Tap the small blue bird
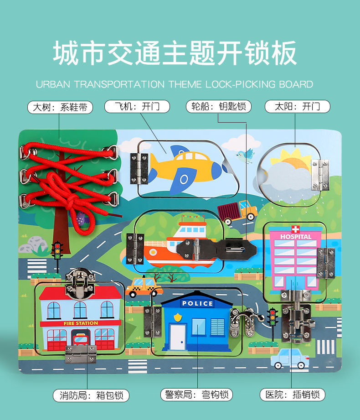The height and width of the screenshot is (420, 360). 246,155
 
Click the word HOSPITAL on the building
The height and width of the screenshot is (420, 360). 296,237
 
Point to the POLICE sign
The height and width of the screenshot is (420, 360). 197,303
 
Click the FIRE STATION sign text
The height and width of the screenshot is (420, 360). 80,323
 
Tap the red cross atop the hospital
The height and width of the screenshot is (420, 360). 296,229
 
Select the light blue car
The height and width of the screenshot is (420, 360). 290,358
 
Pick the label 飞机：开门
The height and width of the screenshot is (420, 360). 137,107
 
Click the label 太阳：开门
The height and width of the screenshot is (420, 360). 297,107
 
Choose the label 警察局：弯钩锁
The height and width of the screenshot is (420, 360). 196,394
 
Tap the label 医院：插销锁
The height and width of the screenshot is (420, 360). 293,394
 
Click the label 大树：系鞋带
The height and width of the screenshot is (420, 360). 60,107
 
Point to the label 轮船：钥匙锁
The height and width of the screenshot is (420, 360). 218,107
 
